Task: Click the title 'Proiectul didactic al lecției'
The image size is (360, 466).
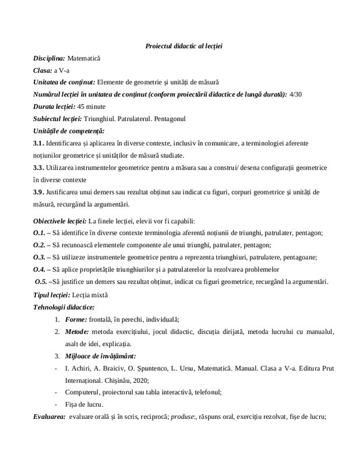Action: pos(180,46)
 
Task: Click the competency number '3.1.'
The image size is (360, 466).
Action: pos(40,143)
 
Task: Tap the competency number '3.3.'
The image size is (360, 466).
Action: pos(40,167)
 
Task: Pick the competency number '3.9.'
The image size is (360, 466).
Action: pos(40,192)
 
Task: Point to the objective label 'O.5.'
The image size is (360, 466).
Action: pos(42,282)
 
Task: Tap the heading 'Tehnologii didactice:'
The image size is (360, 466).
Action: pos(64,306)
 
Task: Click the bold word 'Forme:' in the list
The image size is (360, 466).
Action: pos(76,319)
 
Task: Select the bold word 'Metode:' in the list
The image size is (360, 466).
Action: pos(78,332)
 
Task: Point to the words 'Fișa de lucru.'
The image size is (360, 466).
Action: pos(85,404)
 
